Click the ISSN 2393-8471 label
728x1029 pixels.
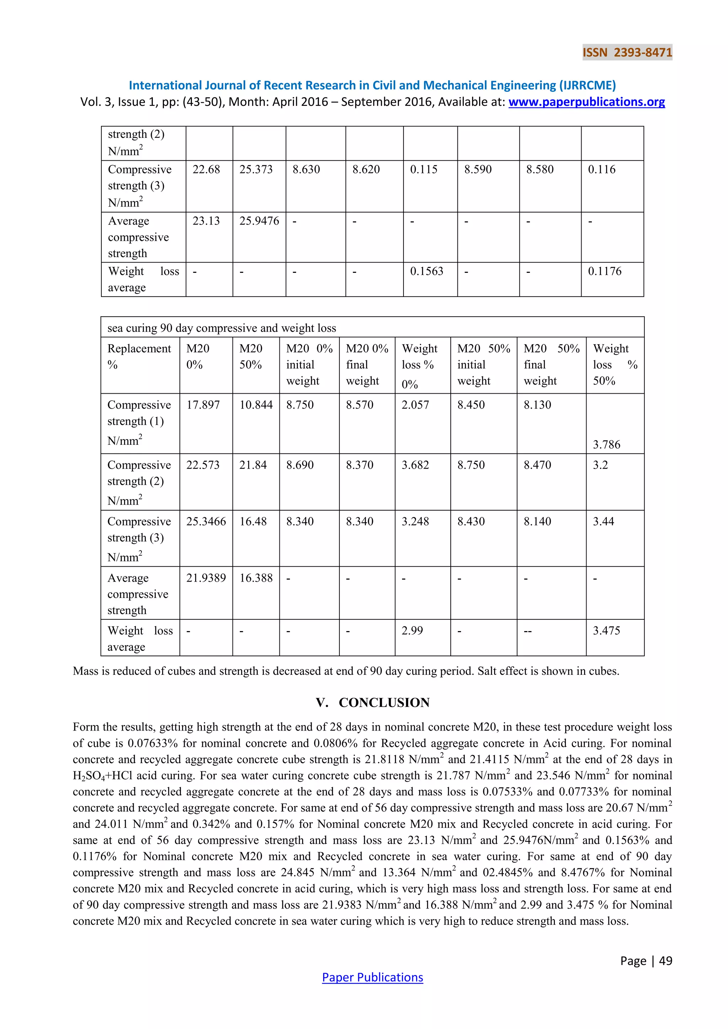click(627, 53)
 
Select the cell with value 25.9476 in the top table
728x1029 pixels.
click(259, 221)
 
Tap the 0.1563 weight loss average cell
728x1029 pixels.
click(426, 271)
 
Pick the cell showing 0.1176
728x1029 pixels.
click(604, 271)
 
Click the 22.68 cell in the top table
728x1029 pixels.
click(206, 169)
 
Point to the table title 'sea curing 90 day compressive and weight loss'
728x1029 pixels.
click(221, 328)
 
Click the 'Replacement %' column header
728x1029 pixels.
click(139, 356)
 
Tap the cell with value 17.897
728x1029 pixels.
click(203, 405)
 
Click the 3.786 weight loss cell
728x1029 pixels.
click(606, 445)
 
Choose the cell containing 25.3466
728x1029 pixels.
click(206, 521)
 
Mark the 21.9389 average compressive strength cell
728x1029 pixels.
click(206, 578)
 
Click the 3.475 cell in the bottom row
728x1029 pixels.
click(606, 631)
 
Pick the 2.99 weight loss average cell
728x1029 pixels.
click(412, 631)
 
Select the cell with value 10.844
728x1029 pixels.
click(256, 405)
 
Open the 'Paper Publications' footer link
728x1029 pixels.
click(372, 977)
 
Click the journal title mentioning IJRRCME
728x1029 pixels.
click(372, 85)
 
